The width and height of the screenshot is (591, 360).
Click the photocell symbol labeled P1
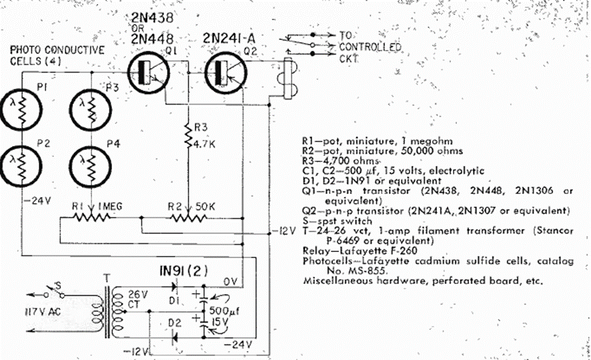click(22, 107)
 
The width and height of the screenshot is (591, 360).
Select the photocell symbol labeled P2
click(22, 162)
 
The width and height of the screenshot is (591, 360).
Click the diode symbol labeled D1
click(175, 289)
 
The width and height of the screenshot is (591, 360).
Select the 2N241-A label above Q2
click(226, 39)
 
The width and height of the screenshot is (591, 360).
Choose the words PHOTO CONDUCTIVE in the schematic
click(57, 49)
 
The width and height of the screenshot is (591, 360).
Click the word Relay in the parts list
click(316, 251)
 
